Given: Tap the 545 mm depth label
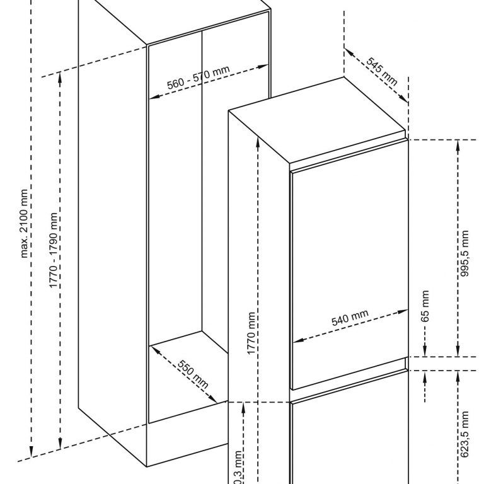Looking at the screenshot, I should point(381,72).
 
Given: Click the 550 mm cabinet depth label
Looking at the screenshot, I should point(193,373).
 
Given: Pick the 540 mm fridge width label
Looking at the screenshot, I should point(350,320).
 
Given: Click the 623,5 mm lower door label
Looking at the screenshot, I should point(465,435).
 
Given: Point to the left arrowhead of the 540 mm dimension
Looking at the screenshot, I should point(297,340).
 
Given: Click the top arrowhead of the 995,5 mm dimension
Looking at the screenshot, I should point(458,142).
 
